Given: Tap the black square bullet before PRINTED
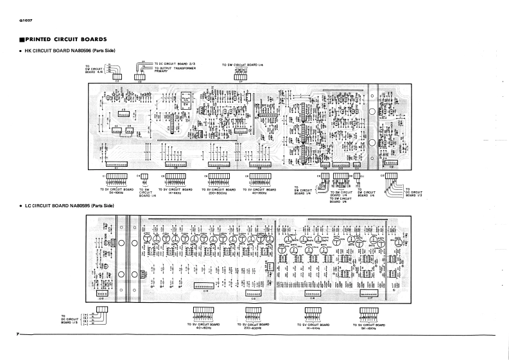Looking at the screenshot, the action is tap(22, 39).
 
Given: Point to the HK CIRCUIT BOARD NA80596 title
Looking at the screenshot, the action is tap(67, 50).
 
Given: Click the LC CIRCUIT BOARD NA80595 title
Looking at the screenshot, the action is tap(69, 205).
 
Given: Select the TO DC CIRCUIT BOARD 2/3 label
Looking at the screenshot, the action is tap(174, 64).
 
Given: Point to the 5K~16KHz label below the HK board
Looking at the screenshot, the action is tap(116, 192).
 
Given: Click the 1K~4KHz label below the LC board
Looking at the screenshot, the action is tap(313, 328).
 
